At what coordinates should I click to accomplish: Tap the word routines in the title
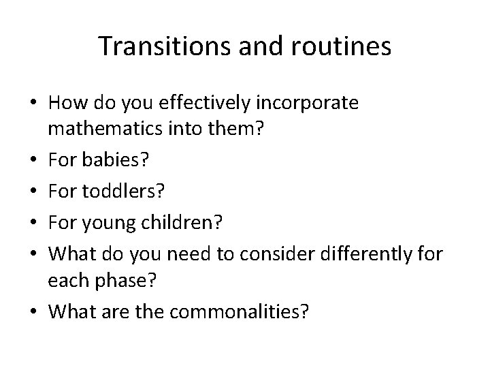(343, 46)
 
